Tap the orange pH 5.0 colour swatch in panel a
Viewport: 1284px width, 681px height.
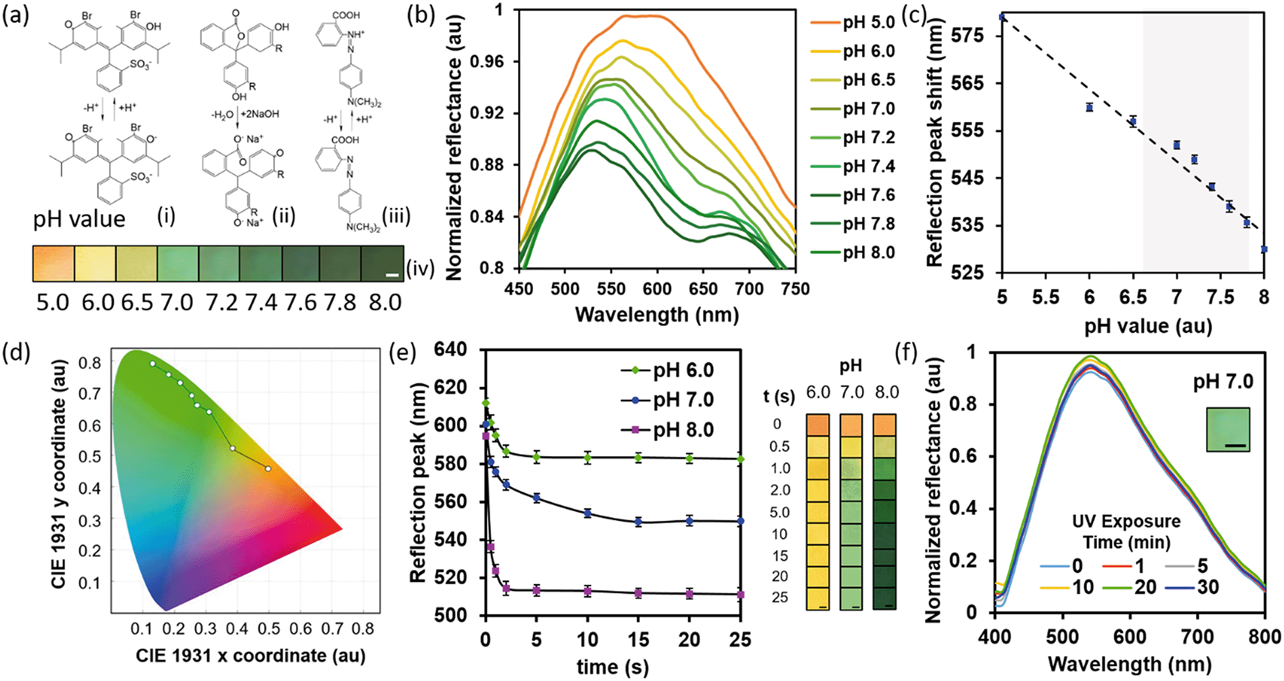click(53, 263)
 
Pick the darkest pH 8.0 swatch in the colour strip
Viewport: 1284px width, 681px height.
click(382, 263)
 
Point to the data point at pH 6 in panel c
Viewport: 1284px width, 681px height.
click(1089, 107)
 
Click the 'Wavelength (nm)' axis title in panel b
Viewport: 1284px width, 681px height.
click(656, 314)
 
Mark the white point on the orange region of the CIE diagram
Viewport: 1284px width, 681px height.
click(268, 468)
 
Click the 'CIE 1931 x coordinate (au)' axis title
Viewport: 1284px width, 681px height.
click(251, 655)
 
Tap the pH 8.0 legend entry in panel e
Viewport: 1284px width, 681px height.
click(683, 430)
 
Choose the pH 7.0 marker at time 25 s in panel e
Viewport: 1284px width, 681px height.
click(741, 521)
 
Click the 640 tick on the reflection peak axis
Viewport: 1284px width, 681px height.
click(450, 350)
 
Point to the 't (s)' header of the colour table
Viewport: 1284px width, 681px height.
click(779, 396)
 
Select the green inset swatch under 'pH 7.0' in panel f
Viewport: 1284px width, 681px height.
click(1227, 430)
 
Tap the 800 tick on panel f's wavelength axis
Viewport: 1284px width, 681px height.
click(1264, 637)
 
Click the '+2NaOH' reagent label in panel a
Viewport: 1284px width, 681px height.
click(260, 114)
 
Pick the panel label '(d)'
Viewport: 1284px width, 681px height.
click(16, 353)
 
